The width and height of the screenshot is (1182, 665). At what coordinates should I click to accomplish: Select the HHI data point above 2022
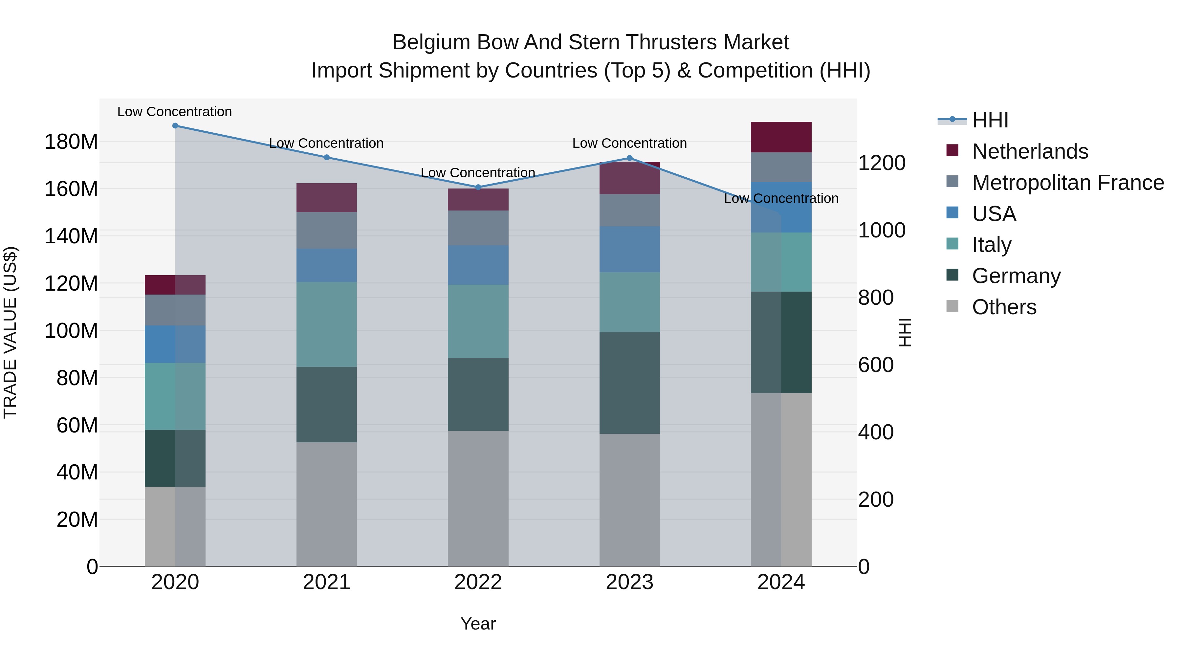click(x=478, y=187)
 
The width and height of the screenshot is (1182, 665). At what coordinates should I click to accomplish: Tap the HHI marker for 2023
click(x=629, y=158)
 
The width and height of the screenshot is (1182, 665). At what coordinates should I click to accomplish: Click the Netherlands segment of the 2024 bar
click(x=781, y=137)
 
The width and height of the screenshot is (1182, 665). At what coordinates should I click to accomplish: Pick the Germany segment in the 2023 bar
click(x=629, y=383)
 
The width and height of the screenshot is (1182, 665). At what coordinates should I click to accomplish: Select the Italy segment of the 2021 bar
click(x=326, y=324)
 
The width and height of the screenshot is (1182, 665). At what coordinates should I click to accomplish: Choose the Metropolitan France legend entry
click(x=1068, y=183)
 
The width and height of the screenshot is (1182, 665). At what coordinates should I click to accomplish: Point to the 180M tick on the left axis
click(x=71, y=142)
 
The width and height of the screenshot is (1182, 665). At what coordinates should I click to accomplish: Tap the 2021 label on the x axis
click(x=326, y=582)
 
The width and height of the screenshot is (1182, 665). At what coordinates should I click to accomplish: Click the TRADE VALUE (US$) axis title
click(x=10, y=332)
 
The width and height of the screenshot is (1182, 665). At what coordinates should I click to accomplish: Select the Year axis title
click(x=478, y=624)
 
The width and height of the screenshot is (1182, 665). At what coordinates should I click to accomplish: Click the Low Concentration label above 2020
click(x=174, y=112)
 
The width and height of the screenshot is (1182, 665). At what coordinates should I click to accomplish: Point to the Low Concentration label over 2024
click(x=781, y=198)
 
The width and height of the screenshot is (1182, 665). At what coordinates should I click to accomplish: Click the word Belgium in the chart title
click(x=431, y=42)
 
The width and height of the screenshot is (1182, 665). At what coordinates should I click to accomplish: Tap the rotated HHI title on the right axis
click(x=905, y=332)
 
